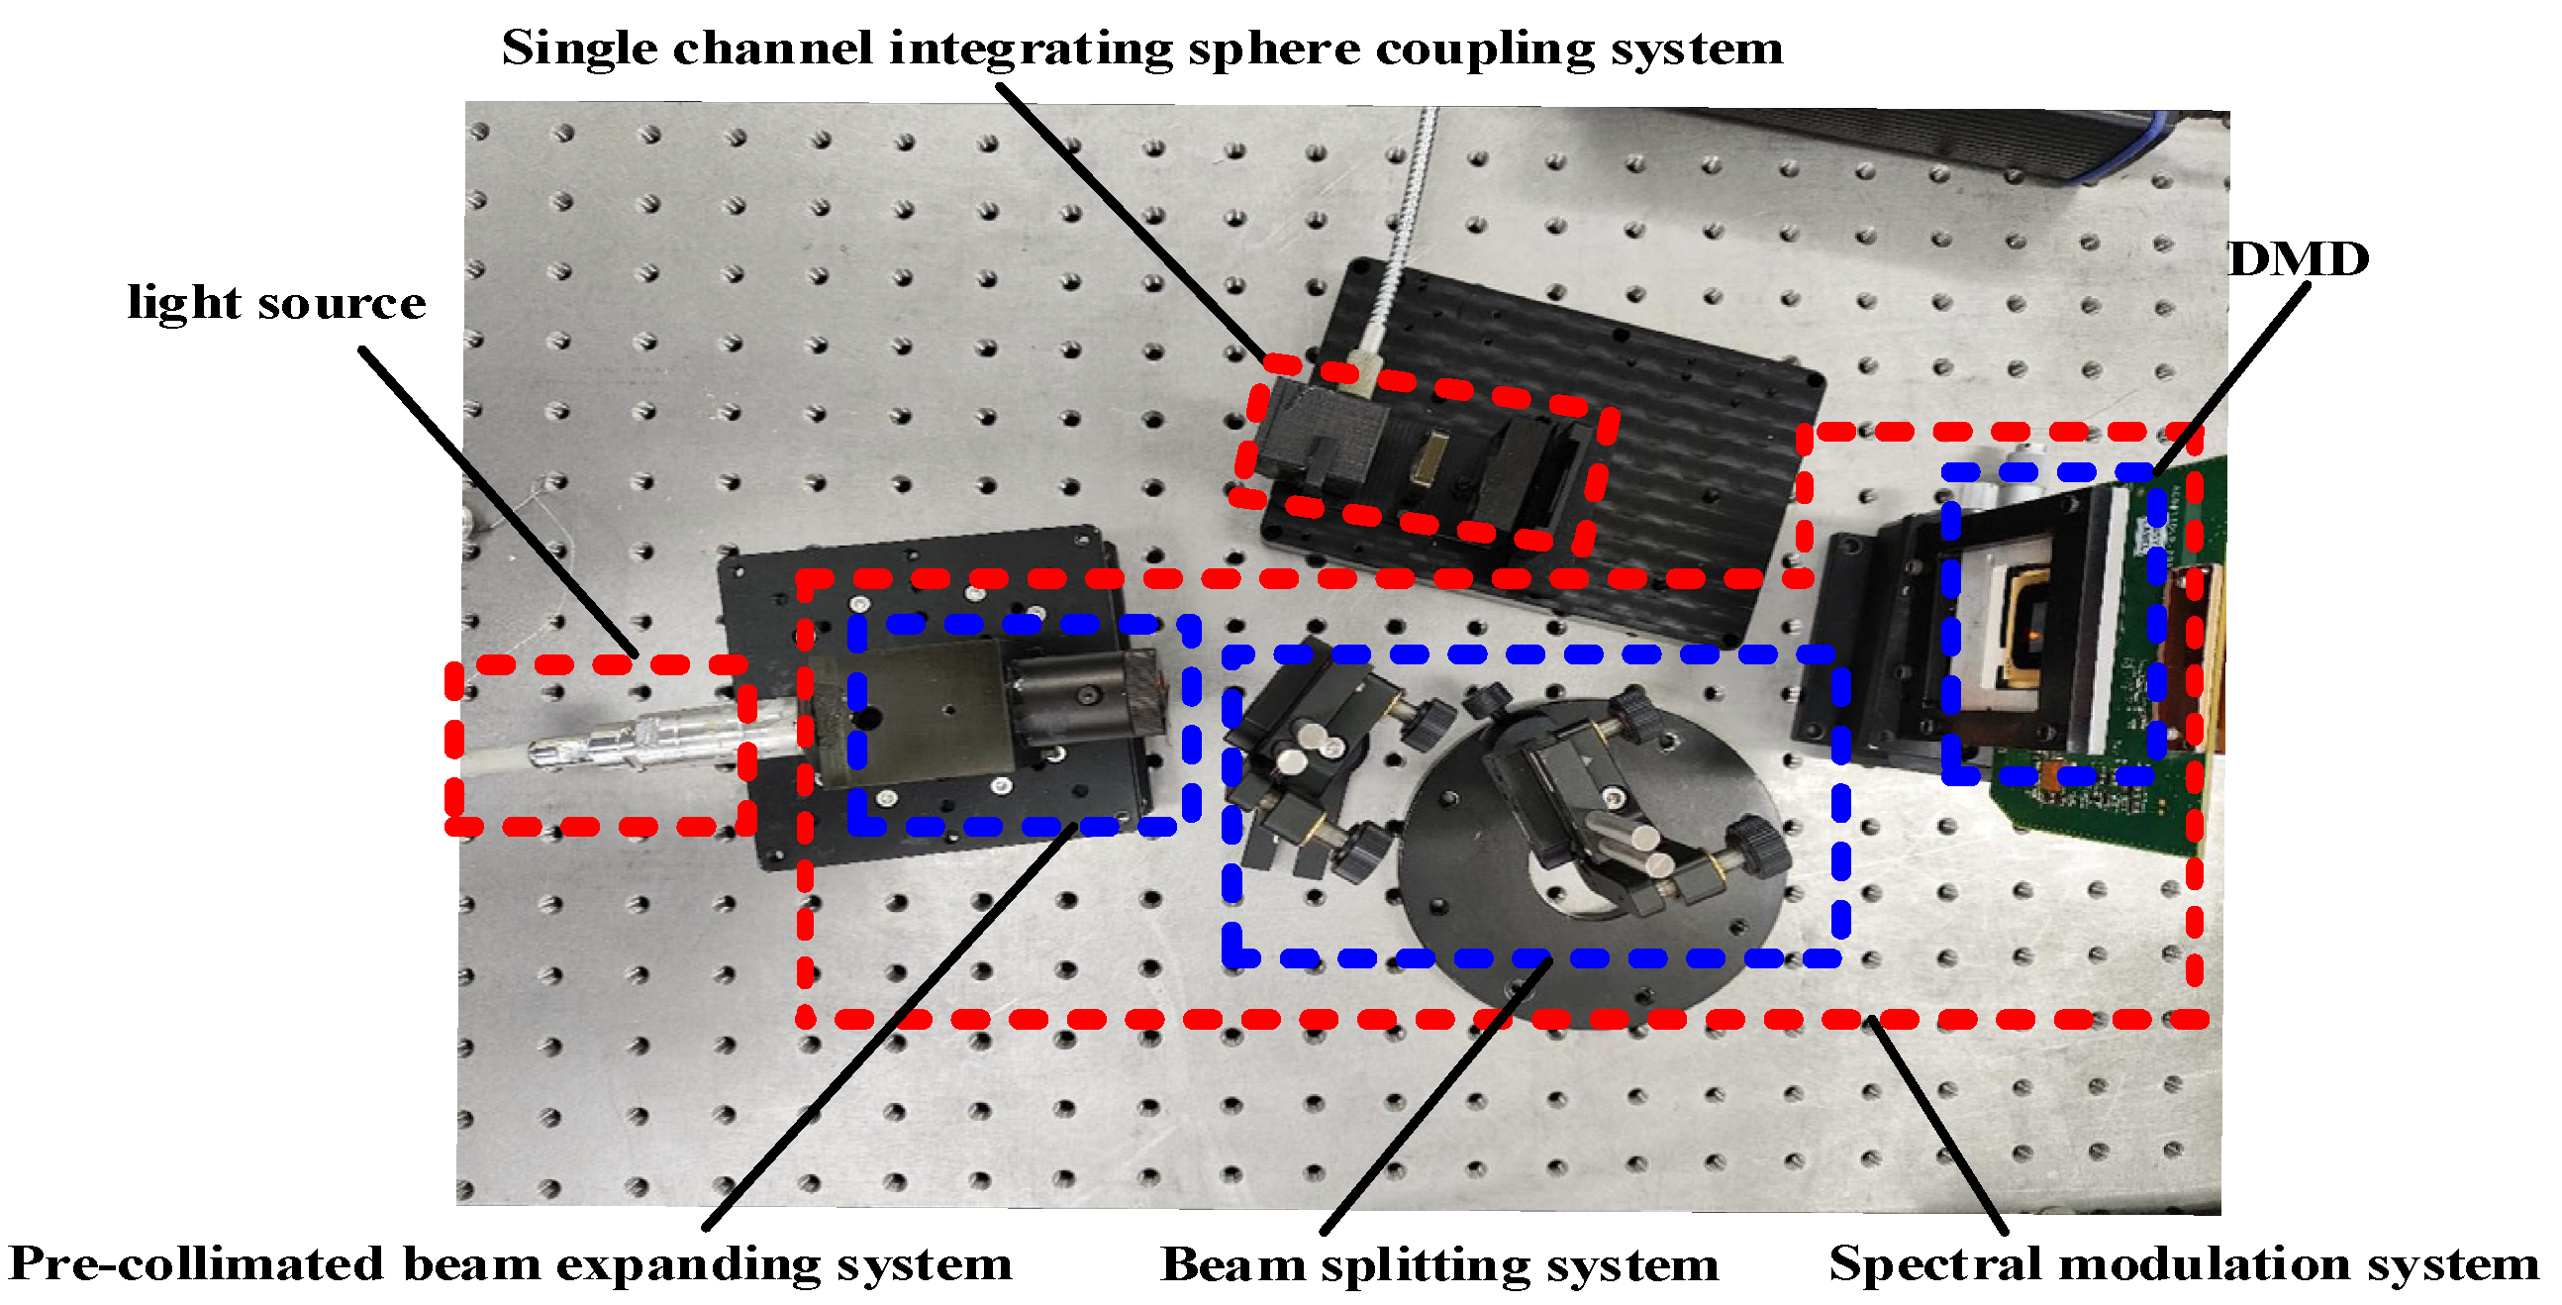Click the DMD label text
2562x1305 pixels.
point(2298,260)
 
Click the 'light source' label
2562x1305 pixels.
point(276,303)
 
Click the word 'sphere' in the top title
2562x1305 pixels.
point(1273,50)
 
